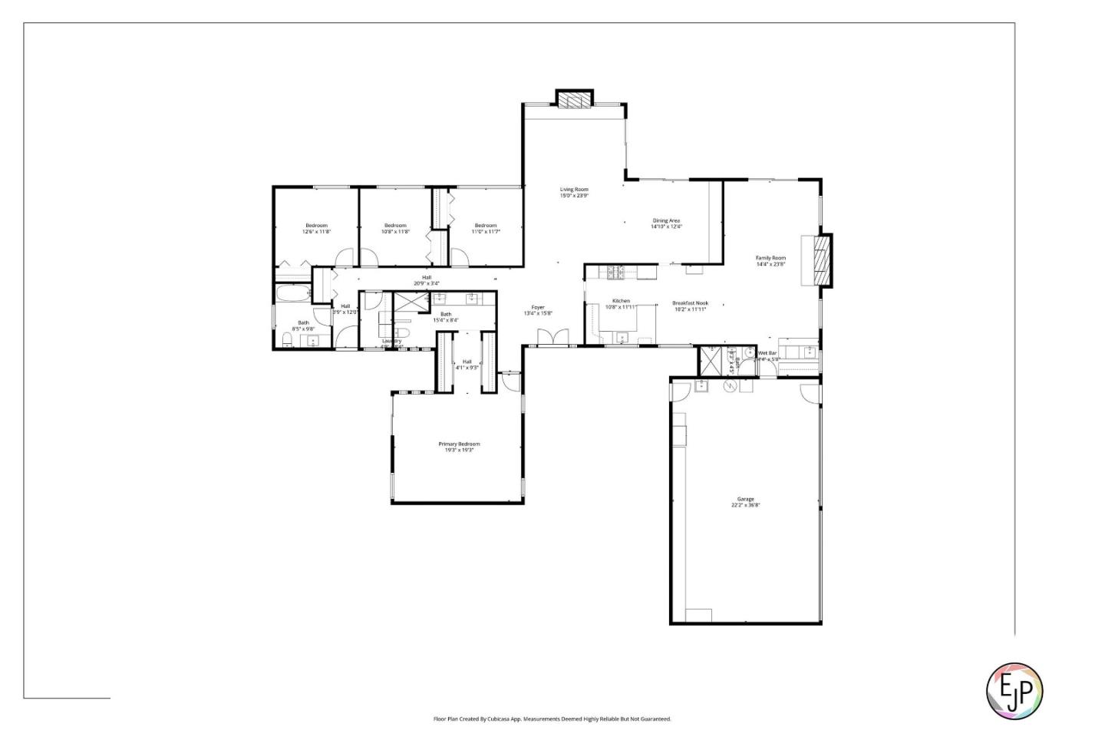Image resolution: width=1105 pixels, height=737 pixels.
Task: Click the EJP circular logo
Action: pyautogui.click(x=1014, y=690)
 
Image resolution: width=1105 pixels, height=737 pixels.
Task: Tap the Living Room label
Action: pyautogui.click(x=574, y=190)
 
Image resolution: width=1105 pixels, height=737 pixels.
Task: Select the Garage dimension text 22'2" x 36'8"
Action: pyautogui.click(x=745, y=505)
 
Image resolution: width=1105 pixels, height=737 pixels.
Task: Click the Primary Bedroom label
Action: pyautogui.click(x=459, y=444)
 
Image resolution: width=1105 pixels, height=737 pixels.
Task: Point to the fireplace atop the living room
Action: pyautogui.click(x=574, y=100)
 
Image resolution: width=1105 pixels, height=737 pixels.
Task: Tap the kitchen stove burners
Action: pyautogui.click(x=615, y=271)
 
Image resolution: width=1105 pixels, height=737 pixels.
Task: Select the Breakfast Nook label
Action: pyautogui.click(x=690, y=303)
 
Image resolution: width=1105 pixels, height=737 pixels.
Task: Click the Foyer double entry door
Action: pyautogui.click(x=552, y=339)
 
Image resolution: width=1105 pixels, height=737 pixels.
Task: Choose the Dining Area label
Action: pyautogui.click(x=665, y=220)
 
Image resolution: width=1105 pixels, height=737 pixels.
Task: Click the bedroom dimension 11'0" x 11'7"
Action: pyautogui.click(x=486, y=231)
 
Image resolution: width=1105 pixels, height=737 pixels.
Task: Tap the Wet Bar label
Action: pyautogui.click(x=767, y=353)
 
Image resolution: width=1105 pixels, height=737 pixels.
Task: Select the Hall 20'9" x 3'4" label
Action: pyautogui.click(x=427, y=280)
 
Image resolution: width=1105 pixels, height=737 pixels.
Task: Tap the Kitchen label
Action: pyautogui.click(x=621, y=301)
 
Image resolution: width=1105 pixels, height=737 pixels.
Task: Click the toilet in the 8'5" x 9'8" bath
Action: pyautogui.click(x=287, y=340)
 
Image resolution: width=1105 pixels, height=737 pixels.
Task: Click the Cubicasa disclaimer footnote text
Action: pyautogui.click(x=552, y=719)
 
